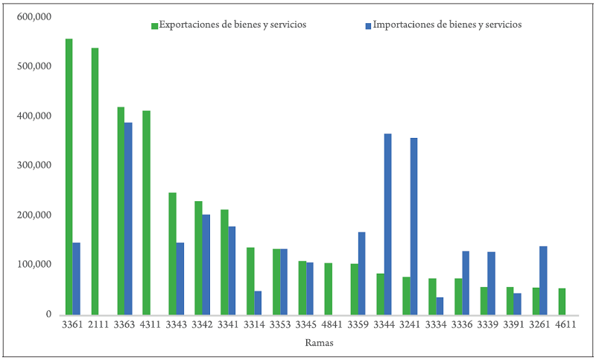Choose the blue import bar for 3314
(258, 303)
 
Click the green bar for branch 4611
(562, 301)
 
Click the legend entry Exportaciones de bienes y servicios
(228, 25)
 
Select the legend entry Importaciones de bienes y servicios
(443, 25)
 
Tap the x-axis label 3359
(359, 325)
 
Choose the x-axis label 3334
(437, 325)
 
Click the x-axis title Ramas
(318, 344)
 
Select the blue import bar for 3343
(180, 278)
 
